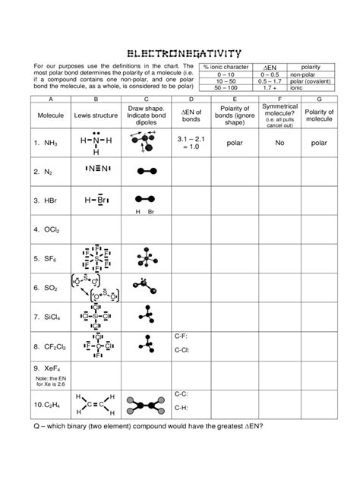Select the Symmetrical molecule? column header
pyautogui.click(x=280, y=114)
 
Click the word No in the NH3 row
pyautogui.click(x=280, y=142)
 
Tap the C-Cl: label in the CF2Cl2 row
pyautogui.click(x=182, y=351)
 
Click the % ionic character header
pyautogui.click(x=227, y=68)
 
